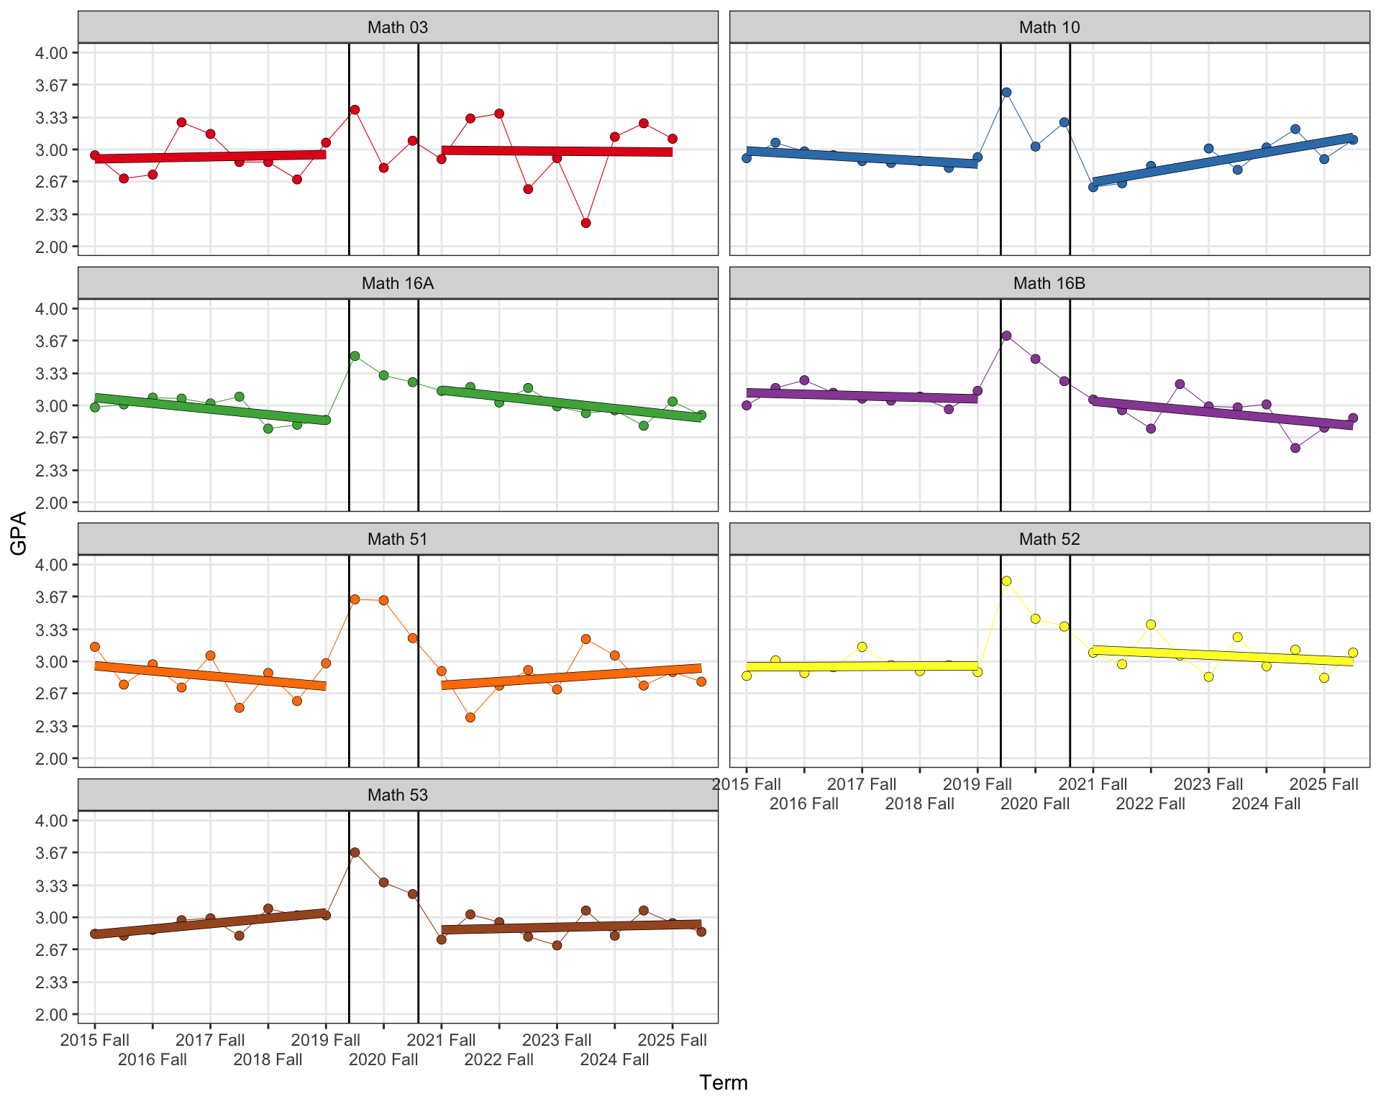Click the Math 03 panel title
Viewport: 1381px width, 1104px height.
[x=397, y=27]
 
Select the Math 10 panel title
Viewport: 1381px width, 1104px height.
[x=1049, y=27]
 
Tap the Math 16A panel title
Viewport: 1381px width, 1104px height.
[x=397, y=283]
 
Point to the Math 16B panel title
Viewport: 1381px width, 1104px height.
[x=1049, y=283]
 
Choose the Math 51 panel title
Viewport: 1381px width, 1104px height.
[x=397, y=539]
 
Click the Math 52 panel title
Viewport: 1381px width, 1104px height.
[x=1049, y=539]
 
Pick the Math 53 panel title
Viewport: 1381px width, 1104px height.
[x=397, y=795]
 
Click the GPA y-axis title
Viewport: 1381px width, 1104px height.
[x=19, y=533]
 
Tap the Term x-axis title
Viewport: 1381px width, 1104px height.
[x=724, y=1082]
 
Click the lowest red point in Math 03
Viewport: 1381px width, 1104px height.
[x=585, y=223]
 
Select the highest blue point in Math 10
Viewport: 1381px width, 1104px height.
[x=1006, y=92]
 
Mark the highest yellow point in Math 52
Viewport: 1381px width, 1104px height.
[x=1006, y=581]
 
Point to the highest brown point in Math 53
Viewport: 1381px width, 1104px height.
[x=355, y=852]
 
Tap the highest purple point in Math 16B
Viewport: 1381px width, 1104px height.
[x=1006, y=336]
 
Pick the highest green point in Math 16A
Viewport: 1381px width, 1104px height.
[x=355, y=356]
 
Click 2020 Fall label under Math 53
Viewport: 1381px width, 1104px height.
[x=383, y=1059]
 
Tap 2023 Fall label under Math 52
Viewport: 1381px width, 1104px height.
[x=1208, y=784]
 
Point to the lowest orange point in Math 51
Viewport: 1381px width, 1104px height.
[x=470, y=717]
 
